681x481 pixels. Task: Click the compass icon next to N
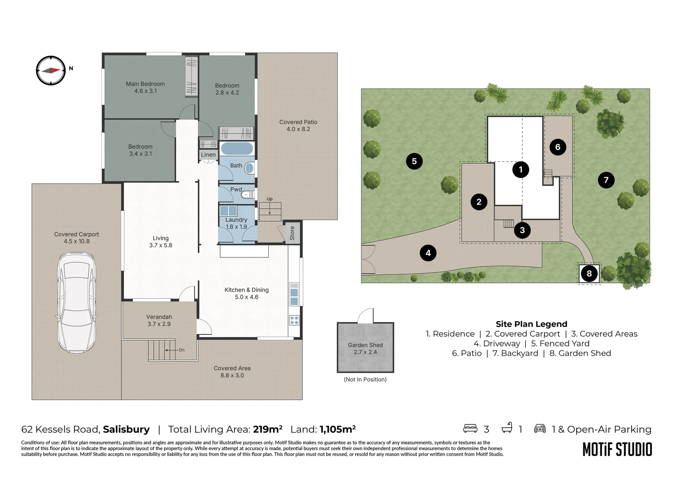pyautogui.click(x=51, y=70)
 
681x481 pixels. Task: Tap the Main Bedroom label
pyautogui.click(x=145, y=87)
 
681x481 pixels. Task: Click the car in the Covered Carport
pyautogui.click(x=77, y=302)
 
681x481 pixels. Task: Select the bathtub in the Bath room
pyautogui.click(x=237, y=149)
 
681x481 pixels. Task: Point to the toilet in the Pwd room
pyautogui.click(x=248, y=195)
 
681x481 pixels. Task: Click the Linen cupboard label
pyautogui.click(x=208, y=155)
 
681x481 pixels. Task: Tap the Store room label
pyautogui.click(x=292, y=233)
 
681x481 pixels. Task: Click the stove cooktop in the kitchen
pyautogui.click(x=294, y=320)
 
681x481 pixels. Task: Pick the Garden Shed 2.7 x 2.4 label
pyautogui.click(x=365, y=349)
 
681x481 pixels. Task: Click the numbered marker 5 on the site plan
pyautogui.click(x=414, y=161)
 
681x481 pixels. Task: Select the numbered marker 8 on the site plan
pyautogui.click(x=589, y=273)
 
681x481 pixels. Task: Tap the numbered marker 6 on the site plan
pyautogui.click(x=558, y=147)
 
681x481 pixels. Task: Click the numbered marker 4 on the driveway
pyautogui.click(x=428, y=253)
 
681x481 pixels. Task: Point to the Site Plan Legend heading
pyautogui.click(x=531, y=324)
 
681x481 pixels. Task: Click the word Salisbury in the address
pyautogui.click(x=126, y=429)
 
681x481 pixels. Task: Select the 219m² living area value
pyautogui.click(x=267, y=429)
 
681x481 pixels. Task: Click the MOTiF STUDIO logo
pyautogui.click(x=617, y=449)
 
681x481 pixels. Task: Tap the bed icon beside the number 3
pyautogui.click(x=470, y=428)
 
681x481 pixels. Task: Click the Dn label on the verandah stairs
pyautogui.click(x=181, y=350)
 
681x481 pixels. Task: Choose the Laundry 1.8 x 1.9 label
pyautogui.click(x=236, y=223)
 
